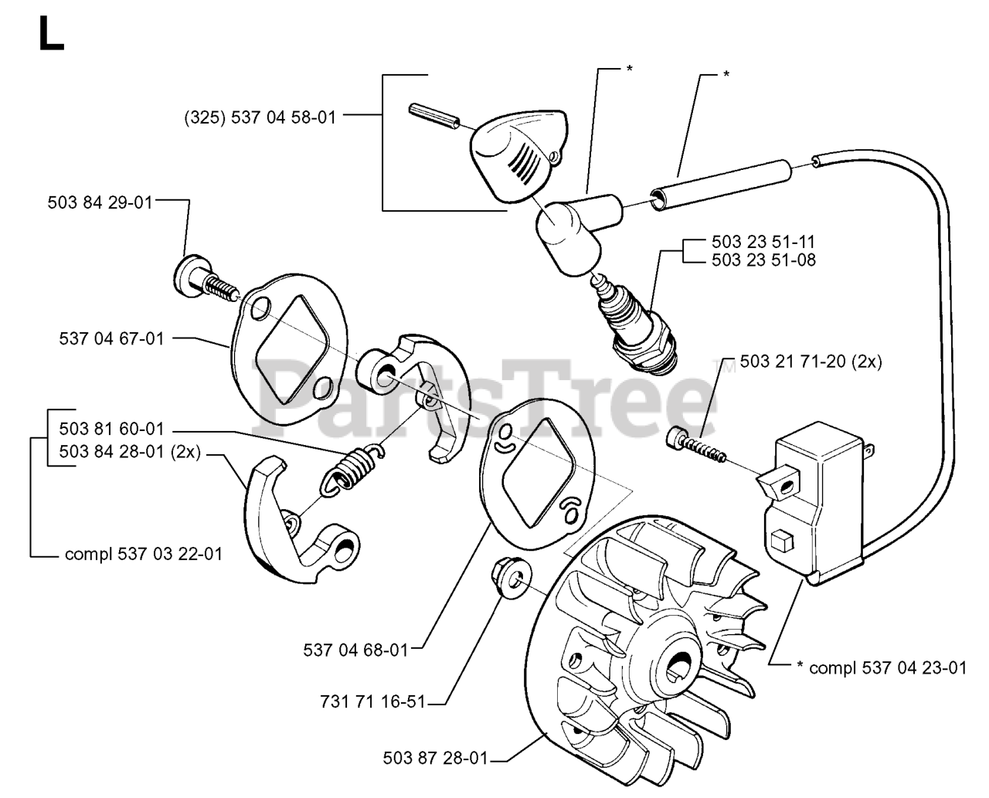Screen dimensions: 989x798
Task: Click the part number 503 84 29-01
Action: [100, 203]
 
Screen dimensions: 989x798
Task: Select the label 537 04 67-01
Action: [111, 339]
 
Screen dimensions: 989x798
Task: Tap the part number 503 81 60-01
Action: [111, 429]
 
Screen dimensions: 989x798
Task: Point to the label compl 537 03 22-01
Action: [144, 555]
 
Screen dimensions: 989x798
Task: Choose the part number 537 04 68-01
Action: [355, 650]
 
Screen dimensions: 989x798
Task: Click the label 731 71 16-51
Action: [373, 702]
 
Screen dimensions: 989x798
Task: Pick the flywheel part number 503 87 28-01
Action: [436, 758]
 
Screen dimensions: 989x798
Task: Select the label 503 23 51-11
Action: [764, 242]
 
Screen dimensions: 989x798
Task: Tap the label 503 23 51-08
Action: [764, 260]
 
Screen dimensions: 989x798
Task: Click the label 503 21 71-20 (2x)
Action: [811, 362]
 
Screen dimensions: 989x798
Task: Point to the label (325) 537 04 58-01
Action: [260, 117]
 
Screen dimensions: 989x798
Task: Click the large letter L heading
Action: [51, 33]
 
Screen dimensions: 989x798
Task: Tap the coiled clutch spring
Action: [352, 468]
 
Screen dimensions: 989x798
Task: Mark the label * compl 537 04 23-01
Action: [882, 668]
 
